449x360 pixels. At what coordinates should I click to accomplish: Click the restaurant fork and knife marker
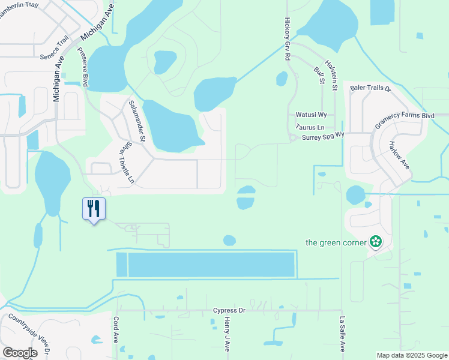[x=93, y=208]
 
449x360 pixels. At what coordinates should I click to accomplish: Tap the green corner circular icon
[x=376, y=242]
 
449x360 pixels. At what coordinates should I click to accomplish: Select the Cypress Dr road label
[x=229, y=310]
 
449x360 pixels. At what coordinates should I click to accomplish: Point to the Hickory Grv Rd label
[x=287, y=37]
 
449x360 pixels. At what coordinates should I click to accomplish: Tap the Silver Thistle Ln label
[x=125, y=167]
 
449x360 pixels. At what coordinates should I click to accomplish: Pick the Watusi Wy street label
[x=311, y=115]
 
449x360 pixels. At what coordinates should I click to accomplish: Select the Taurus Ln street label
[x=310, y=127]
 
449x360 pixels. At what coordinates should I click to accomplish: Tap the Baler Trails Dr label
[x=370, y=88]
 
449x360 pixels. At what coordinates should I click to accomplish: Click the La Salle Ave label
[x=342, y=334]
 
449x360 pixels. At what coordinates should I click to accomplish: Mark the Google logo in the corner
[x=20, y=353]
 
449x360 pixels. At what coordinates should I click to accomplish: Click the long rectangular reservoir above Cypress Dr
[x=211, y=265]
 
